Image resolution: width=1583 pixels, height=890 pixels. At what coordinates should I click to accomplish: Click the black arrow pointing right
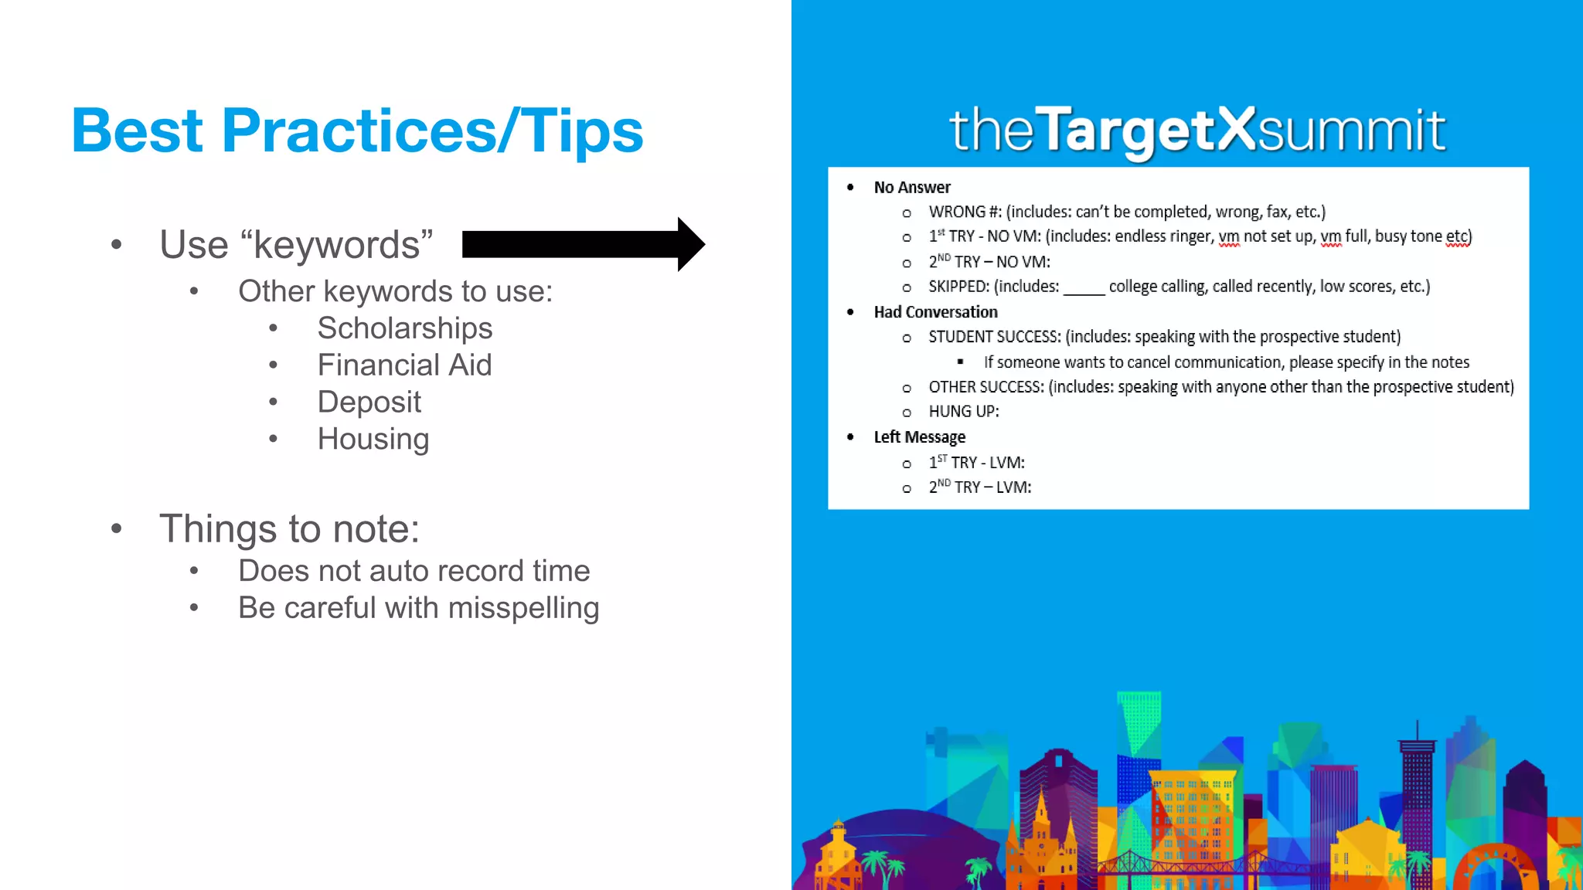click(x=584, y=244)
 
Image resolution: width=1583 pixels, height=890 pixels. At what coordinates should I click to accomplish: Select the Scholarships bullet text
click(x=404, y=328)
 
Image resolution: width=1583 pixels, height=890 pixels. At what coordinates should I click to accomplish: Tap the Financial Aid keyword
click(x=404, y=365)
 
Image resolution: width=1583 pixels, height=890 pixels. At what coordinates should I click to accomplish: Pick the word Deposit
click(x=369, y=403)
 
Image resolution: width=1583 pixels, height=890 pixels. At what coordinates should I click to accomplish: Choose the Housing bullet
click(x=373, y=440)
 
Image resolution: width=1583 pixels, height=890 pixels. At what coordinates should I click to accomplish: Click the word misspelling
click(x=523, y=608)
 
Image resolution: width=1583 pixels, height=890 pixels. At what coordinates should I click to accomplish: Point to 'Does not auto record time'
click(x=414, y=571)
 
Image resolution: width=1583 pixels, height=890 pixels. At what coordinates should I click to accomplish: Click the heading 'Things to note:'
click(x=289, y=529)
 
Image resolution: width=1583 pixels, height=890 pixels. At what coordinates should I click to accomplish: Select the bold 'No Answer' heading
click(x=911, y=188)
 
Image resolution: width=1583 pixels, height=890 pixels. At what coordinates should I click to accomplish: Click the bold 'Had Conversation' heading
click(x=935, y=312)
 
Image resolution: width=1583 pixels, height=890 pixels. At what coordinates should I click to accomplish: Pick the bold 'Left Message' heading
click(x=919, y=437)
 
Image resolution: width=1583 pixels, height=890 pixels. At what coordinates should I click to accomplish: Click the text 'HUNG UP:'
click(x=963, y=412)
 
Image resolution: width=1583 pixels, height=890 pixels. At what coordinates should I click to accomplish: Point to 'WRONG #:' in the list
click(x=964, y=212)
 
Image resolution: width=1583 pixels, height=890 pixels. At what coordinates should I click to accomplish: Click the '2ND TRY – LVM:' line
click(x=979, y=487)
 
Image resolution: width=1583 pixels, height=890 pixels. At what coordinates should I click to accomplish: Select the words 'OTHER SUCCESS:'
click(x=986, y=387)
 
